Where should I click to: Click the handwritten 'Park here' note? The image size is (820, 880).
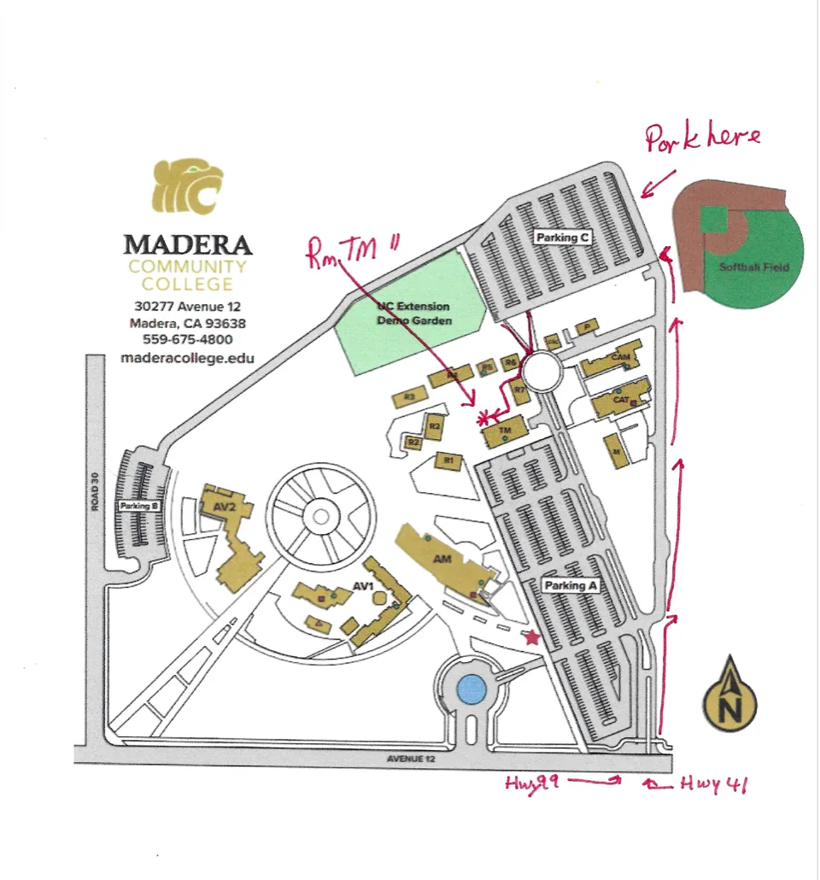pos(702,138)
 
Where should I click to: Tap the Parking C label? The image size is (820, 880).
pos(563,238)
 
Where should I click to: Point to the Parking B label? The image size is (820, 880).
pos(139,507)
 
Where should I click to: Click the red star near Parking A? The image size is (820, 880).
pos(532,637)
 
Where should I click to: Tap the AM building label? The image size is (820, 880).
pos(442,558)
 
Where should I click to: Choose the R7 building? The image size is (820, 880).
pos(519,390)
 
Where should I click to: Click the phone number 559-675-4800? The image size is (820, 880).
pos(188,339)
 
